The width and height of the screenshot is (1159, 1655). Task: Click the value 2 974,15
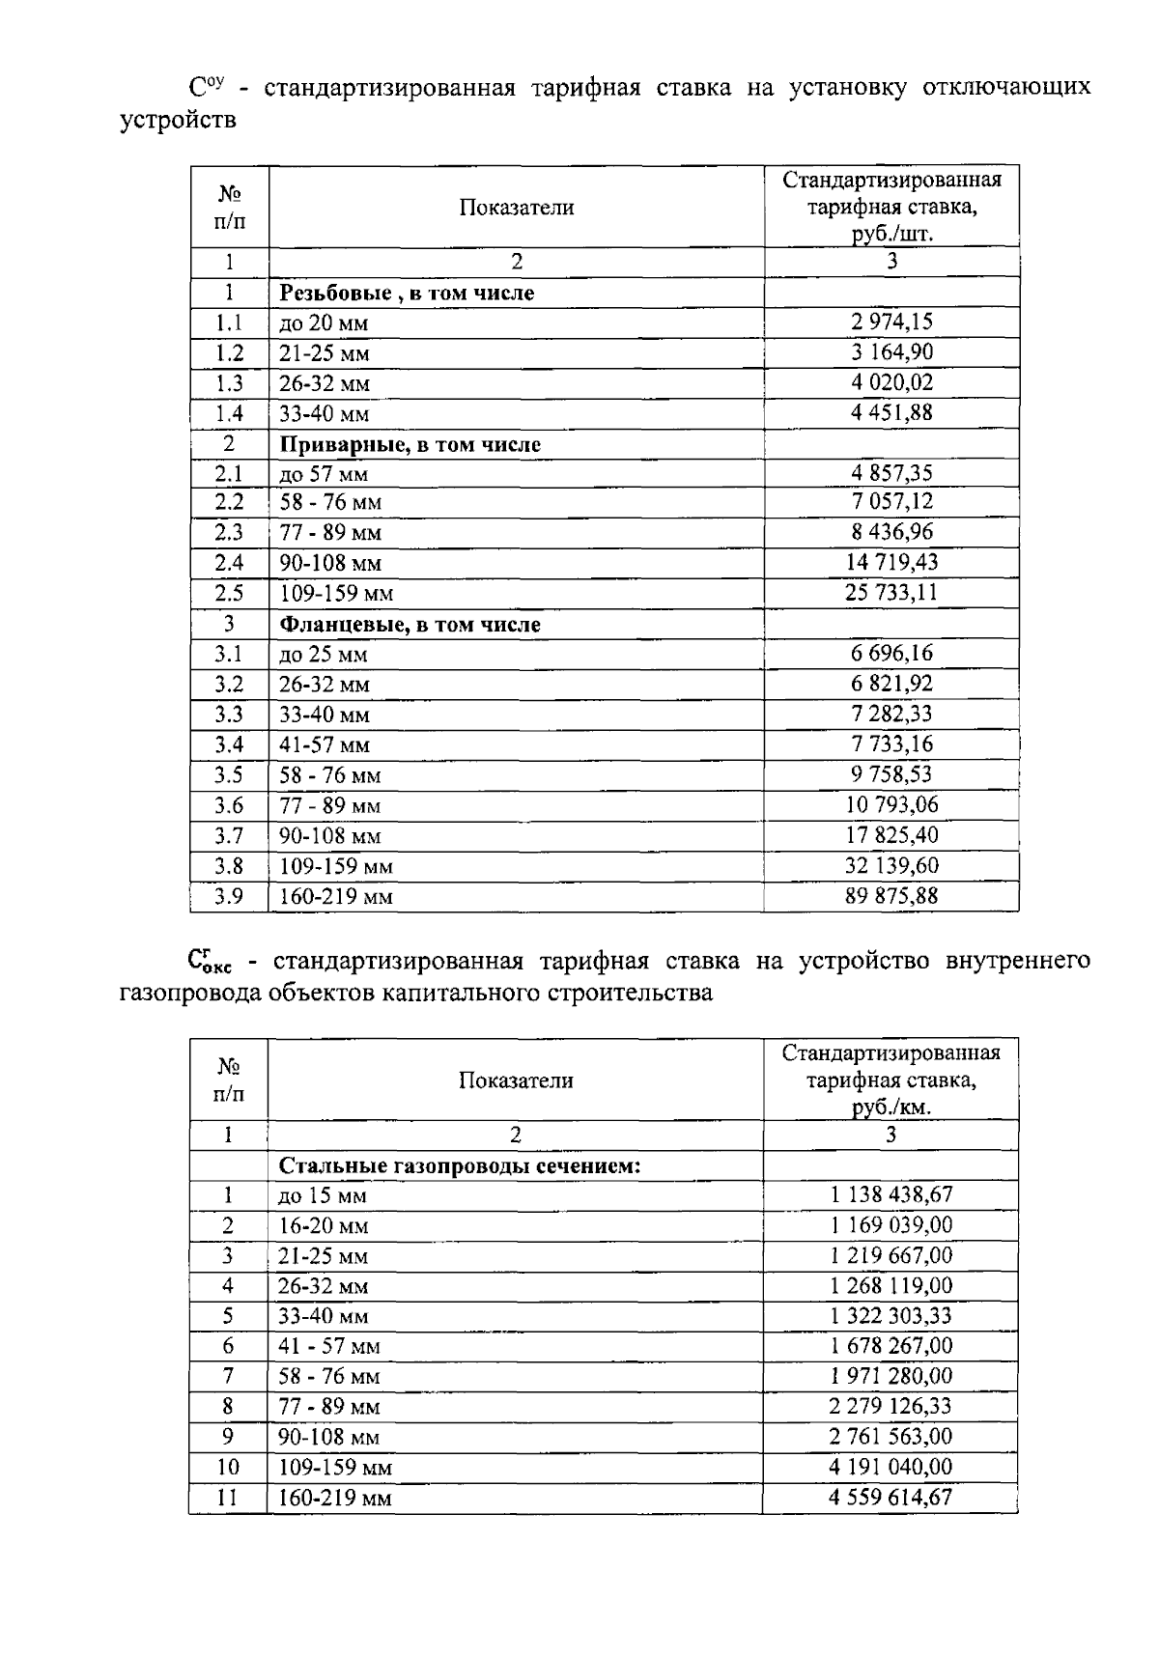(891, 322)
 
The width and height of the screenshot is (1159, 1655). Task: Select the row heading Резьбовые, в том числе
(407, 293)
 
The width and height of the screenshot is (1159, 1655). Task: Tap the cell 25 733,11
(891, 592)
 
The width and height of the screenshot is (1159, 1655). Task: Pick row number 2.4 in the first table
(229, 563)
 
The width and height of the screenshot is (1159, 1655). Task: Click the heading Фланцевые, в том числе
(410, 625)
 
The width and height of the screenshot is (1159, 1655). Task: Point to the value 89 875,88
(891, 895)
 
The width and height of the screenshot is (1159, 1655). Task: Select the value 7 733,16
(891, 743)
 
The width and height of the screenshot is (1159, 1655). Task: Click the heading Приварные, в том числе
(410, 445)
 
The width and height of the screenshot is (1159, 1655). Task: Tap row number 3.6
(229, 805)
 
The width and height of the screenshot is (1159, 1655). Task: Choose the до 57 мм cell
(324, 474)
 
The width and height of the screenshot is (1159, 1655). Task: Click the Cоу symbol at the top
(207, 87)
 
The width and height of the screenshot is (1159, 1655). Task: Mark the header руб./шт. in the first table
(891, 234)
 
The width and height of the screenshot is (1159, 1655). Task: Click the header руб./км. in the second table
(890, 1107)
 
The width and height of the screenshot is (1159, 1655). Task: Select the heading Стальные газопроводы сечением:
(460, 1165)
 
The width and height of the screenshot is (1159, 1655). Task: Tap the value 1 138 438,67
(891, 1194)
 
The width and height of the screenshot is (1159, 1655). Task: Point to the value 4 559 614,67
(891, 1497)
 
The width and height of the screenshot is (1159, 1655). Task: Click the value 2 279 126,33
(891, 1406)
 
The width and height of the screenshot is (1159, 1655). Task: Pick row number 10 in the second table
(228, 1468)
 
